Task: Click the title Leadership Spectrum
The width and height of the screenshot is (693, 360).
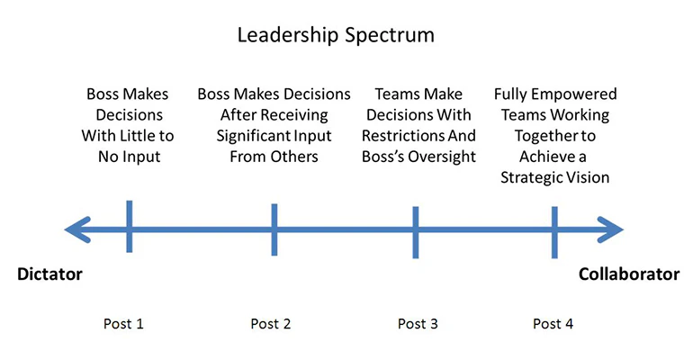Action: pyautogui.click(x=336, y=35)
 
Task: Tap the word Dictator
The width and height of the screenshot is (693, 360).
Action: pyautogui.click(x=50, y=274)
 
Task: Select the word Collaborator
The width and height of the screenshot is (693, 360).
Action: pyautogui.click(x=629, y=274)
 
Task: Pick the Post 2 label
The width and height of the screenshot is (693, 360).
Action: pyautogui.click(x=271, y=324)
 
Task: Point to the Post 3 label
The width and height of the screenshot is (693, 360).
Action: pyautogui.click(x=418, y=324)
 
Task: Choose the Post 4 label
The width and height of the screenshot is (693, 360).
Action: pyautogui.click(x=552, y=324)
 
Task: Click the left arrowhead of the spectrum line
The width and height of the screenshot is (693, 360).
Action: pyautogui.click(x=76, y=230)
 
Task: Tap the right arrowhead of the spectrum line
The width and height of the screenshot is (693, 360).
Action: pyautogui.click(x=612, y=230)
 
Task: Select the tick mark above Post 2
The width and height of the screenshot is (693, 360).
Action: pyautogui.click(x=274, y=230)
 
